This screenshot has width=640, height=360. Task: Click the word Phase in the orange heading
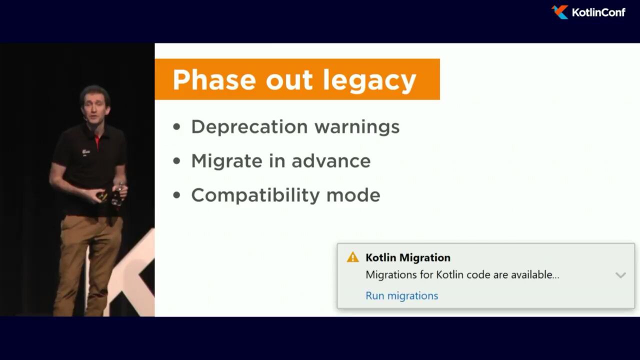pyautogui.click(x=214, y=79)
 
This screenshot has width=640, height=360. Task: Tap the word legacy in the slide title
pyautogui.click(x=369, y=81)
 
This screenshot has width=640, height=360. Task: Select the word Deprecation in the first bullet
pyautogui.click(x=249, y=127)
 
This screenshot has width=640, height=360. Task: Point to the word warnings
pyautogui.click(x=357, y=127)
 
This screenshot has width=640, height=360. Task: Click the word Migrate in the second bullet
pyautogui.click(x=226, y=161)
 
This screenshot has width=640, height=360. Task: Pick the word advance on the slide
pyautogui.click(x=331, y=161)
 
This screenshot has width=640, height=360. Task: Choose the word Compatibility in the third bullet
pyautogui.click(x=255, y=195)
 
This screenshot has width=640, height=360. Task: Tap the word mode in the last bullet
pyautogui.click(x=353, y=195)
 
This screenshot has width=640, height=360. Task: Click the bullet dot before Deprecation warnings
pyautogui.click(x=177, y=127)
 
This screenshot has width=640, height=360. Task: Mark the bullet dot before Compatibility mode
pyautogui.click(x=177, y=195)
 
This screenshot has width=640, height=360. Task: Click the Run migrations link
pyautogui.click(x=401, y=295)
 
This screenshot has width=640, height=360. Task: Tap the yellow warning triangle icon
pyautogui.click(x=352, y=257)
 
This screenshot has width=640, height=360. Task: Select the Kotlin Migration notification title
pyautogui.click(x=408, y=257)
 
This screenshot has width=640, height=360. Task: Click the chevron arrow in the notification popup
pyautogui.click(x=620, y=275)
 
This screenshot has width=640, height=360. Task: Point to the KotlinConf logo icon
pyautogui.click(x=559, y=12)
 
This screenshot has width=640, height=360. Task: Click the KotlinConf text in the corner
pyautogui.click(x=598, y=12)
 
